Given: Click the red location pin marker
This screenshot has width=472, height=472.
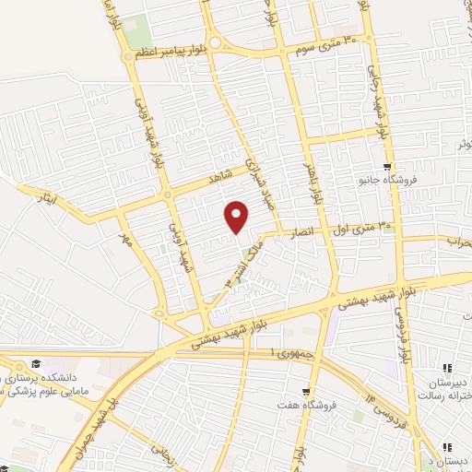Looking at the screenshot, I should click(x=238, y=216).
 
